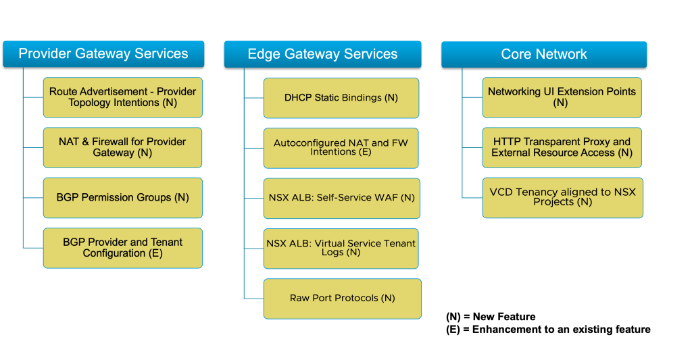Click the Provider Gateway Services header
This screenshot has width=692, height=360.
click(103, 54)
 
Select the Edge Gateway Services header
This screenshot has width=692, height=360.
click(322, 54)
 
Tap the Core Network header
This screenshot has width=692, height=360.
click(544, 54)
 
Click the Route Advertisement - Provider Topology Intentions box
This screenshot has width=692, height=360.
click(122, 97)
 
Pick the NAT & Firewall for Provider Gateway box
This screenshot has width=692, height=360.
click(122, 147)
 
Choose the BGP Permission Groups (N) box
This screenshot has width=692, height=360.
click(122, 198)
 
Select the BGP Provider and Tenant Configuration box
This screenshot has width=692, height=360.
click(122, 248)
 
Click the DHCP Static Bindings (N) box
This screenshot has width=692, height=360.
click(341, 98)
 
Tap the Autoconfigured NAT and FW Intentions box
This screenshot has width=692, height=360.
click(341, 148)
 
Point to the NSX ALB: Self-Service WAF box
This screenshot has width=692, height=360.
click(341, 198)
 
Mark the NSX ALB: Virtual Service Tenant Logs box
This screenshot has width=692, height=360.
click(341, 248)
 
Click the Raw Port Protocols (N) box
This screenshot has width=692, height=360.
click(342, 299)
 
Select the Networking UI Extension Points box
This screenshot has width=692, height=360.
click(562, 97)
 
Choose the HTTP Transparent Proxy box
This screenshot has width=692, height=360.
click(562, 147)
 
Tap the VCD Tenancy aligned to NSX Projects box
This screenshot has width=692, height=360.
click(562, 197)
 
